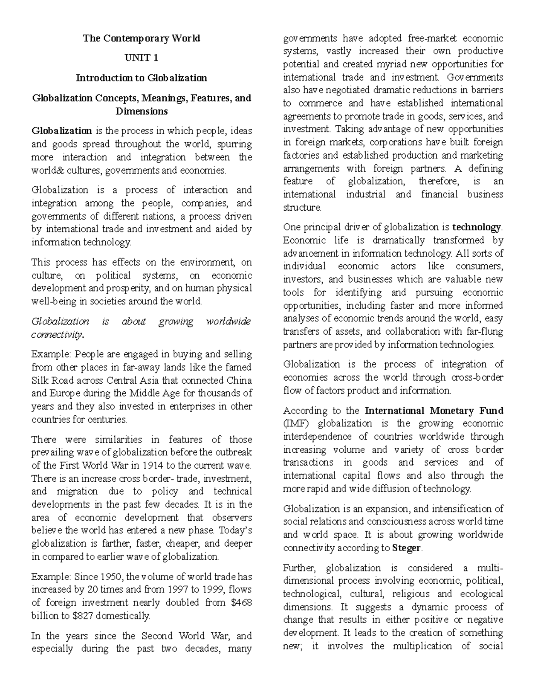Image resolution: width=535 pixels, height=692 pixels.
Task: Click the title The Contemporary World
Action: coord(141,38)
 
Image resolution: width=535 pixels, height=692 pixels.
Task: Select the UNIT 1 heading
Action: coord(141,58)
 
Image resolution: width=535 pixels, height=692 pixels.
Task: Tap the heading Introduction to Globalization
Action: coord(141,78)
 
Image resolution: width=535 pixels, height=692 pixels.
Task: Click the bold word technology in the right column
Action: coord(477,227)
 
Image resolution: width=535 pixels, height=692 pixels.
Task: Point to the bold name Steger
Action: coord(406,548)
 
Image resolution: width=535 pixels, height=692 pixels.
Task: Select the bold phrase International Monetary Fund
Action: coord(434,411)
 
